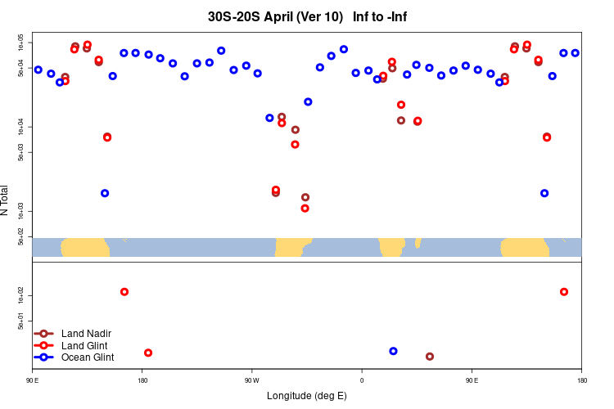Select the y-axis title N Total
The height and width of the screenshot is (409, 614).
tap(5, 200)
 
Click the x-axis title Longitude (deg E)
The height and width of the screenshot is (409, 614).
tap(307, 396)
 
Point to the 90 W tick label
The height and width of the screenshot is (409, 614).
tap(251, 380)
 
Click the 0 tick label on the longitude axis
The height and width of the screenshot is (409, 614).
tap(361, 380)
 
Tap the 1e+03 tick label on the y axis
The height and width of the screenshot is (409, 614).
tap(25, 211)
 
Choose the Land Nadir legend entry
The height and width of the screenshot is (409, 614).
tap(86, 333)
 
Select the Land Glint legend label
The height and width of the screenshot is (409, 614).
tap(85, 345)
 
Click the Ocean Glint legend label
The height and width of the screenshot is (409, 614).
tap(88, 357)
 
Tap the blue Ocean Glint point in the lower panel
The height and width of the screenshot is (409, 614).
tap(393, 351)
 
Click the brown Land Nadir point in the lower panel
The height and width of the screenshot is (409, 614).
tap(430, 357)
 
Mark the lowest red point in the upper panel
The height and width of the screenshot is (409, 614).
tap(305, 208)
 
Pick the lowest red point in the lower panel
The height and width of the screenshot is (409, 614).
tap(148, 353)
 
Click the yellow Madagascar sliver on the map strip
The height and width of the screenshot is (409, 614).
tap(418, 242)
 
